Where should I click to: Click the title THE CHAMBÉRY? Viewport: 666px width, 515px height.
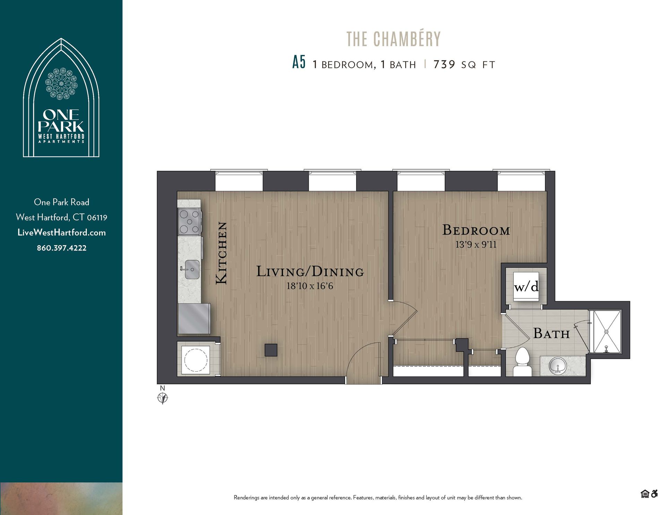[x=393, y=39]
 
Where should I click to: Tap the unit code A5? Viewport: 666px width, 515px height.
[x=299, y=63]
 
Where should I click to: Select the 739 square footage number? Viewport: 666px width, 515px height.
[x=444, y=64]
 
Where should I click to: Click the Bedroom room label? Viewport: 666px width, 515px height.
[x=476, y=230]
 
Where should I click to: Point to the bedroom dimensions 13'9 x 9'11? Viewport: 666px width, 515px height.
[x=476, y=245]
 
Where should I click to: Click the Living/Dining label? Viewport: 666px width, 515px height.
[x=310, y=272]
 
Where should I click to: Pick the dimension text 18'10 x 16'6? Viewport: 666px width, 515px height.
[x=309, y=286]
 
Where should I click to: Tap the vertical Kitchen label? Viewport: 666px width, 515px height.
[x=222, y=253]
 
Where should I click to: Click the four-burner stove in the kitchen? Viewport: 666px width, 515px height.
[x=189, y=221]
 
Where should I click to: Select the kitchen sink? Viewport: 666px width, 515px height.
[x=191, y=269]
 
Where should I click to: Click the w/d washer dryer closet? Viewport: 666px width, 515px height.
[x=526, y=287]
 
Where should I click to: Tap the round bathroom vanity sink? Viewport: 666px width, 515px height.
[x=558, y=366]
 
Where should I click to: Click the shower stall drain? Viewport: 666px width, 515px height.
[x=606, y=332]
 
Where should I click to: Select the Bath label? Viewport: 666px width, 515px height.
[x=551, y=334]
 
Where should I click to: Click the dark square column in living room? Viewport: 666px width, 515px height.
[x=271, y=350]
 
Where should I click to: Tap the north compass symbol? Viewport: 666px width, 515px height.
[x=163, y=398]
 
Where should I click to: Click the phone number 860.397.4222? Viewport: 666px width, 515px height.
[x=61, y=248]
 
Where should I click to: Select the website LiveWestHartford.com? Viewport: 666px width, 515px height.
[x=61, y=233]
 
